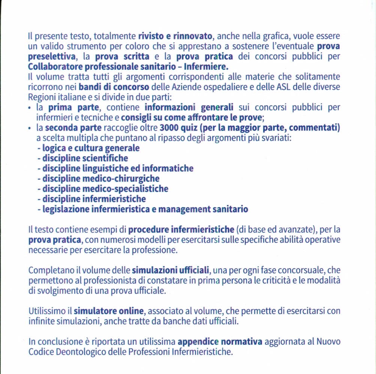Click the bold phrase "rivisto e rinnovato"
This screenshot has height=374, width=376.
click(175, 37)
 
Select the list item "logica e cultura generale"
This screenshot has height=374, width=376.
click(91, 148)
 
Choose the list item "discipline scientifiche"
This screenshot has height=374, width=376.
click(85, 158)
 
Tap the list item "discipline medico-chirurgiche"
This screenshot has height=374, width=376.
click(101, 179)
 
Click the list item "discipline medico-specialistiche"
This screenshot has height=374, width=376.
click(105, 189)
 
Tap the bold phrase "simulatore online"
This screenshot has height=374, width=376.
click(108, 311)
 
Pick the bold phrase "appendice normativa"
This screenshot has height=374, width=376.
click(220, 342)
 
